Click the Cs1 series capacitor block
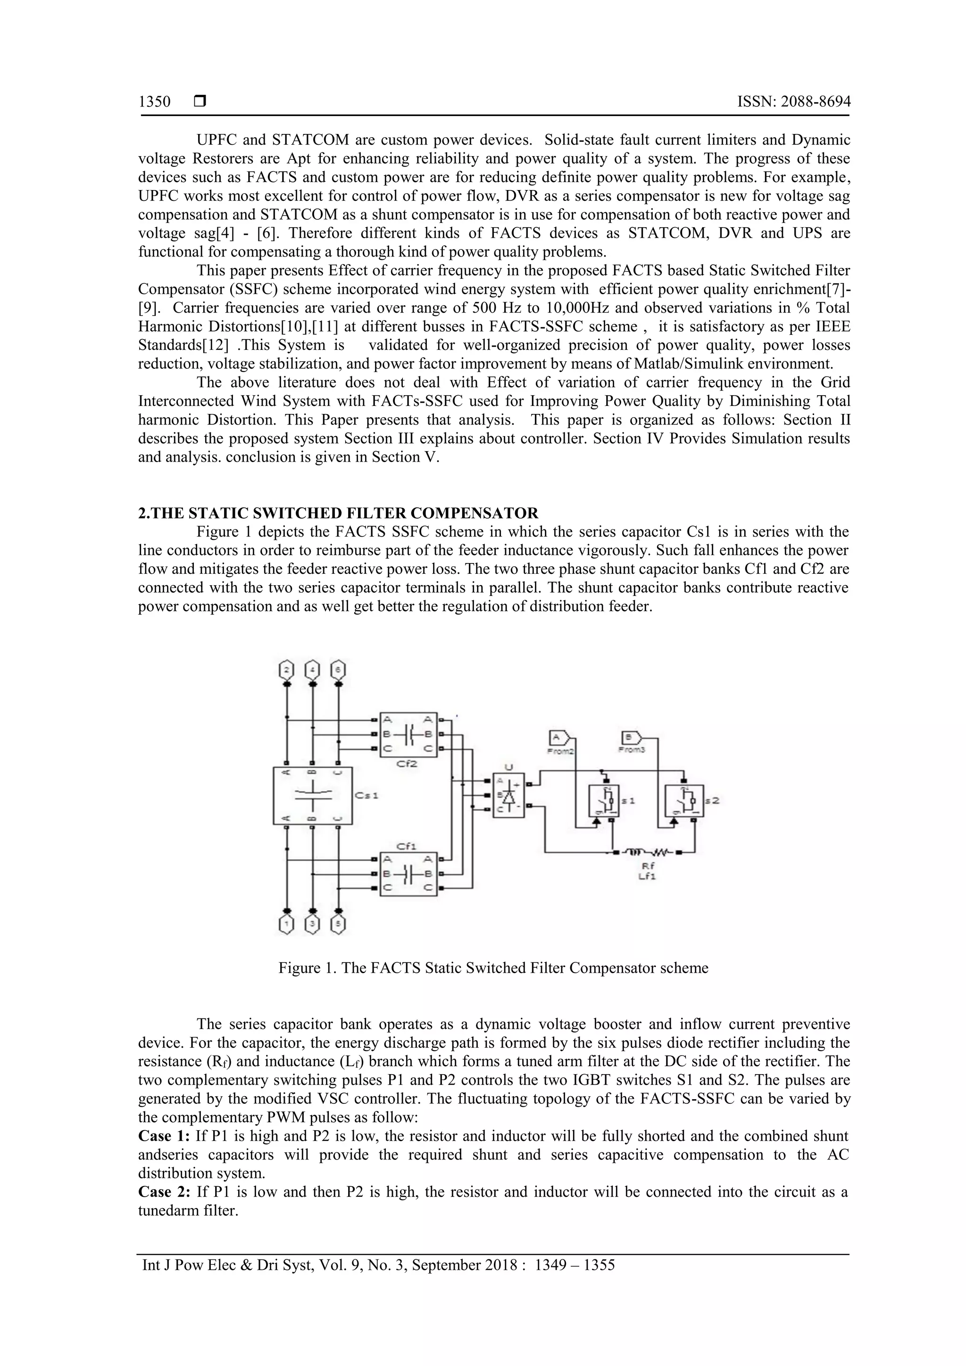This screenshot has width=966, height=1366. pyautogui.click(x=312, y=795)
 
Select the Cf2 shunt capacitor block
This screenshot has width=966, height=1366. pyautogui.click(x=408, y=734)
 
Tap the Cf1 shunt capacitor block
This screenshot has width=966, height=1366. pyautogui.click(x=408, y=874)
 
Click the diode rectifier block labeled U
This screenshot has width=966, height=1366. pyautogui.click(x=508, y=795)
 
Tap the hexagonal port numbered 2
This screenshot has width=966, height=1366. pyautogui.click(x=287, y=670)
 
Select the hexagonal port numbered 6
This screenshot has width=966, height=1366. pyautogui.click(x=338, y=670)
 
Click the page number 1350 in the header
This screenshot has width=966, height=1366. pyautogui.click(x=154, y=102)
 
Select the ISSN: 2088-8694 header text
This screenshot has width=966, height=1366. pyautogui.click(x=793, y=102)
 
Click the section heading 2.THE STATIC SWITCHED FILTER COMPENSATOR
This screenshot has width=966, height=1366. pyautogui.click(x=338, y=513)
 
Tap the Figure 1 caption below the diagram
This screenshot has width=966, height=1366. pyautogui.click(x=493, y=968)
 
